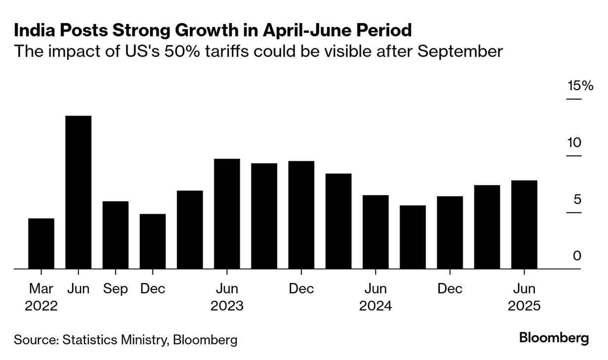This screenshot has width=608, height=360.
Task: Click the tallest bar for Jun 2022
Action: coord(78,192)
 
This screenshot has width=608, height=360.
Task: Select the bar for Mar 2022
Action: coord(41,244)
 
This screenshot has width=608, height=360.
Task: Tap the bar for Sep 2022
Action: coord(115,235)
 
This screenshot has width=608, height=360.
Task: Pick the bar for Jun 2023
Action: coord(227,214)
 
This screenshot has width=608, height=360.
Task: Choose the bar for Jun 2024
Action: coord(375,232)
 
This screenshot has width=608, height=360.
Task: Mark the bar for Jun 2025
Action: coord(524,224)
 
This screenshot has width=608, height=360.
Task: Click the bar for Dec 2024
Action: coord(450,232)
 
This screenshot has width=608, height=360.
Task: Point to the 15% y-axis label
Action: coord(580,86)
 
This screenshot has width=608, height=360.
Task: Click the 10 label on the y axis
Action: coord(574,143)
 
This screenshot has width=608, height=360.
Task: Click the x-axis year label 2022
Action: coord(41,306)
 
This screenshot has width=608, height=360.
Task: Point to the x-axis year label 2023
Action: coord(227,306)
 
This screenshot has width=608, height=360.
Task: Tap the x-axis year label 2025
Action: coord(524,306)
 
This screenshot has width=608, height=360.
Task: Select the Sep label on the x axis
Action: coord(115,288)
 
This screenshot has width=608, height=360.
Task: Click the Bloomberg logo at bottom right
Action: coord(554,339)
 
